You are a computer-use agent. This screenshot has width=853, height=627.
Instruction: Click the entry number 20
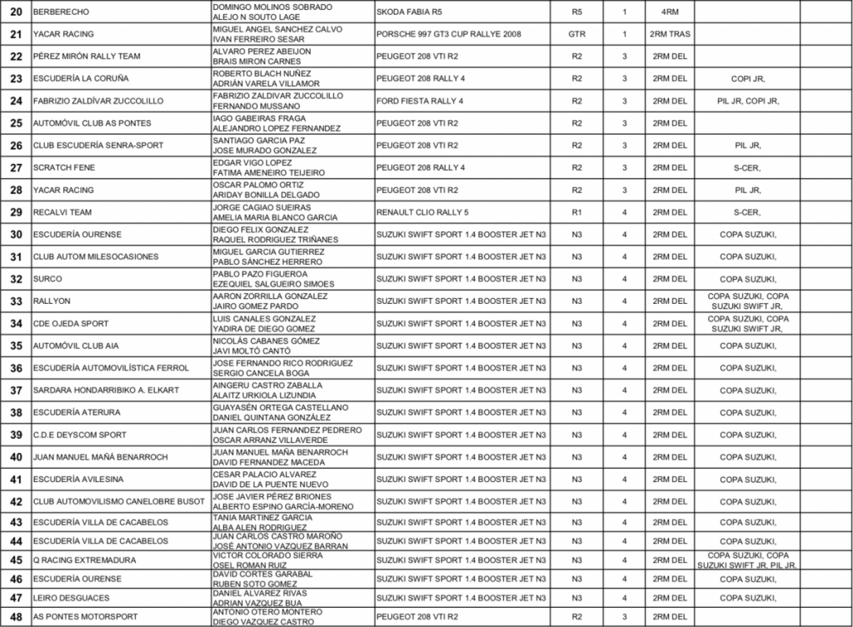[x=16, y=12]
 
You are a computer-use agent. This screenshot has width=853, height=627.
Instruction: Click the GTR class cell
[x=576, y=34]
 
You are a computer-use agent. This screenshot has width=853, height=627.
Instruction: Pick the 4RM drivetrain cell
[x=669, y=12]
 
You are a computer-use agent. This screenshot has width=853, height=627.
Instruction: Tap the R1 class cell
[x=576, y=211]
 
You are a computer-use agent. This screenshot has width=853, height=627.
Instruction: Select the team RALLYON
[x=52, y=301]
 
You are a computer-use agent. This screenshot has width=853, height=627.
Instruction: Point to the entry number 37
[x=16, y=390]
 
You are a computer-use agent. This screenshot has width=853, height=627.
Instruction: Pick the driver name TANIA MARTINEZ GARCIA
[x=262, y=517]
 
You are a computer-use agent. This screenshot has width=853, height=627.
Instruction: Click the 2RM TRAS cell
[x=669, y=34]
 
